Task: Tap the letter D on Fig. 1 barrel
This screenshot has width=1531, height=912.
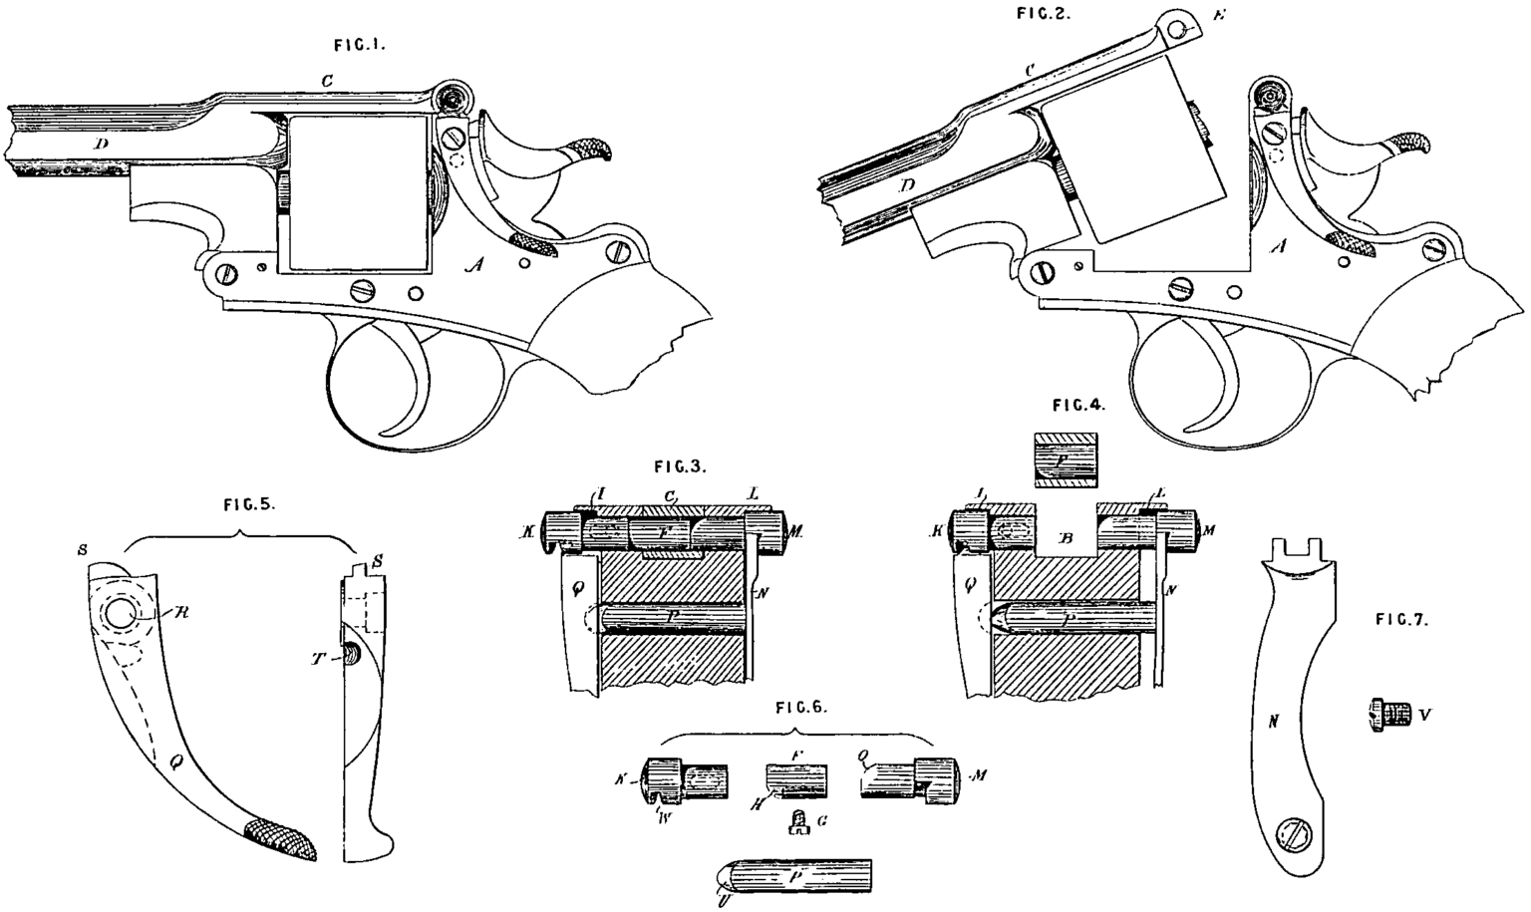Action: coord(101,145)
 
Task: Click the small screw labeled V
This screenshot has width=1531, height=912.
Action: coord(1386,715)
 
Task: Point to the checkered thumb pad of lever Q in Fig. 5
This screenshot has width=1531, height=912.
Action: coord(282,838)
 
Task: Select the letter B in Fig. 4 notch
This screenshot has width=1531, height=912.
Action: coord(1064,538)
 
